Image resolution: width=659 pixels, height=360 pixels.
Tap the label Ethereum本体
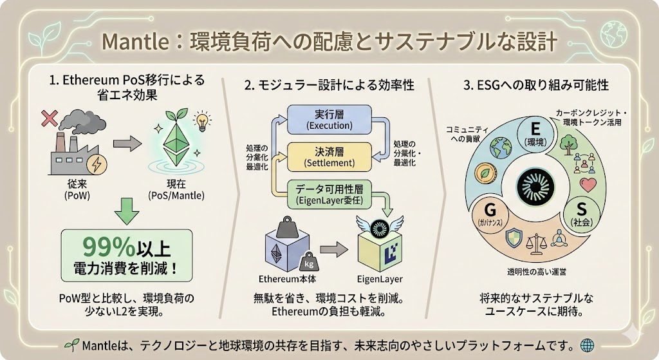click(285, 279)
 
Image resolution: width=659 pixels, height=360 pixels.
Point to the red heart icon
click(587, 185)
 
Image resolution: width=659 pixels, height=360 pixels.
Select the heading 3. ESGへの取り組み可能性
click(535, 84)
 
